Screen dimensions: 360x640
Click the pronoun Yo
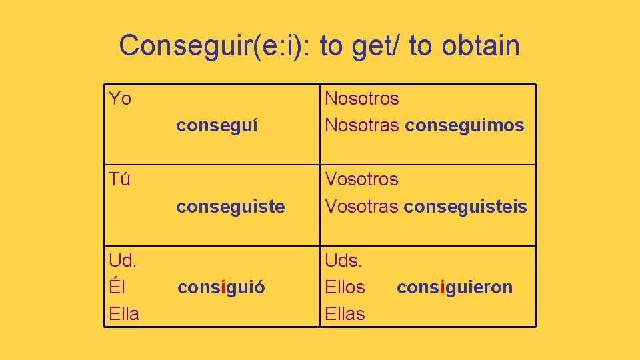click(120, 99)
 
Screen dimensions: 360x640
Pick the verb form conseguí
click(217, 125)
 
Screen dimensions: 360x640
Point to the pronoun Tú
click(120, 179)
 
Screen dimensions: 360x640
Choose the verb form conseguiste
click(230, 207)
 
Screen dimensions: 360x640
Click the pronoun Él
click(117, 287)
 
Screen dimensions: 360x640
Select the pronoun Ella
click(124, 314)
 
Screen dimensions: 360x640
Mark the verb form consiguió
click(221, 288)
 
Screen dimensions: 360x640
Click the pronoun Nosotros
click(362, 99)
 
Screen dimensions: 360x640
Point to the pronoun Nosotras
click(362, 125)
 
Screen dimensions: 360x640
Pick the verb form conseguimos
click(465, 125)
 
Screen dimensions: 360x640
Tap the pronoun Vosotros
click(361, 179)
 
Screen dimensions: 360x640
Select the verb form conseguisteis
click(465, 207)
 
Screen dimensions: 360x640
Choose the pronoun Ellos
click(345, 287)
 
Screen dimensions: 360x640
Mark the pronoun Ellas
click(345, 314)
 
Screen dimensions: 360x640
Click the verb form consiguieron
click(455, 288)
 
